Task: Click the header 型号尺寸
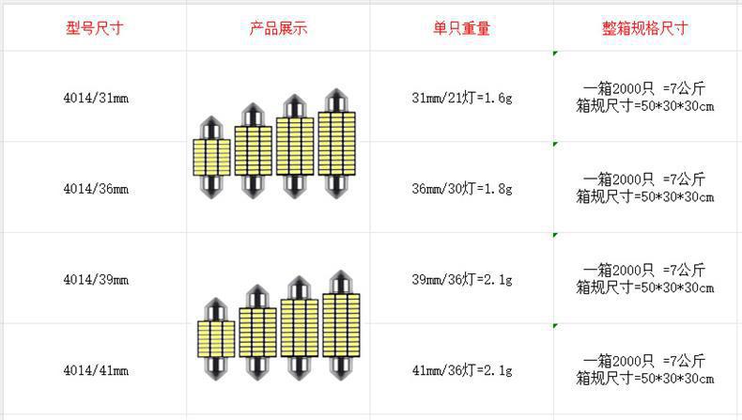click(x=95, y=28)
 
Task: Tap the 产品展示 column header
click(x=278, y=28)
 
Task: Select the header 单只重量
click(x=462, y=28)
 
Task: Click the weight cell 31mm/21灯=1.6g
click(x=462, y=98)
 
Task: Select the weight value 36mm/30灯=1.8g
click(x=462, y=189)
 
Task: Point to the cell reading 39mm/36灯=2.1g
click(x=462, y=280)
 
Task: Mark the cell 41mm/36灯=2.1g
click(x=462, y=371)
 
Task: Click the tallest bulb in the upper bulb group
click(x=338, y=143)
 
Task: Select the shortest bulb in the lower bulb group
click(x=216, y=338)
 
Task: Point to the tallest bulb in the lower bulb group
click(x=341, y=324)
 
